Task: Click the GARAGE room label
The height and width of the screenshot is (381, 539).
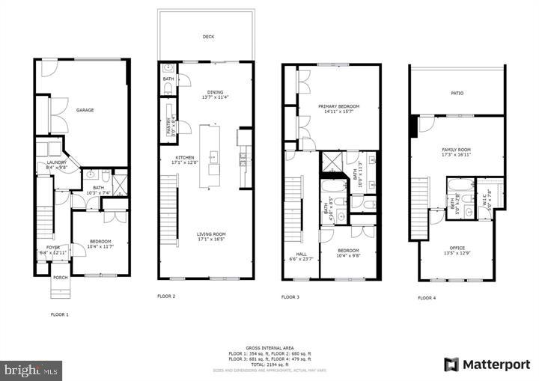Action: (85, 110)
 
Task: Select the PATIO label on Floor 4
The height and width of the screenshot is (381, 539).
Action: (457, 94)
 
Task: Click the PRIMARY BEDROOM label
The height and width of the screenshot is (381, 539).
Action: (338, 106)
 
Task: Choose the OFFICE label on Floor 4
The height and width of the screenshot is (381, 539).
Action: (457, 248)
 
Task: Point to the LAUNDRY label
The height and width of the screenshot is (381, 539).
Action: (57, 163)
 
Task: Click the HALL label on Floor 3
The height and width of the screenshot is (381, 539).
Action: (301, 254)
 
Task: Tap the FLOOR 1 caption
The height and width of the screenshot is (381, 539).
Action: (59, 314)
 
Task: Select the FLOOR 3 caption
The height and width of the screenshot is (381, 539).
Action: (290, 297)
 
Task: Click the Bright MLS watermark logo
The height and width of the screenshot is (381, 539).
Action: (31, 370)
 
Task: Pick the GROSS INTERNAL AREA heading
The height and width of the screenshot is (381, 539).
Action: (269, 347)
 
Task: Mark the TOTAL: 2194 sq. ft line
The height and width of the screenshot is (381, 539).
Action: (269, 362)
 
